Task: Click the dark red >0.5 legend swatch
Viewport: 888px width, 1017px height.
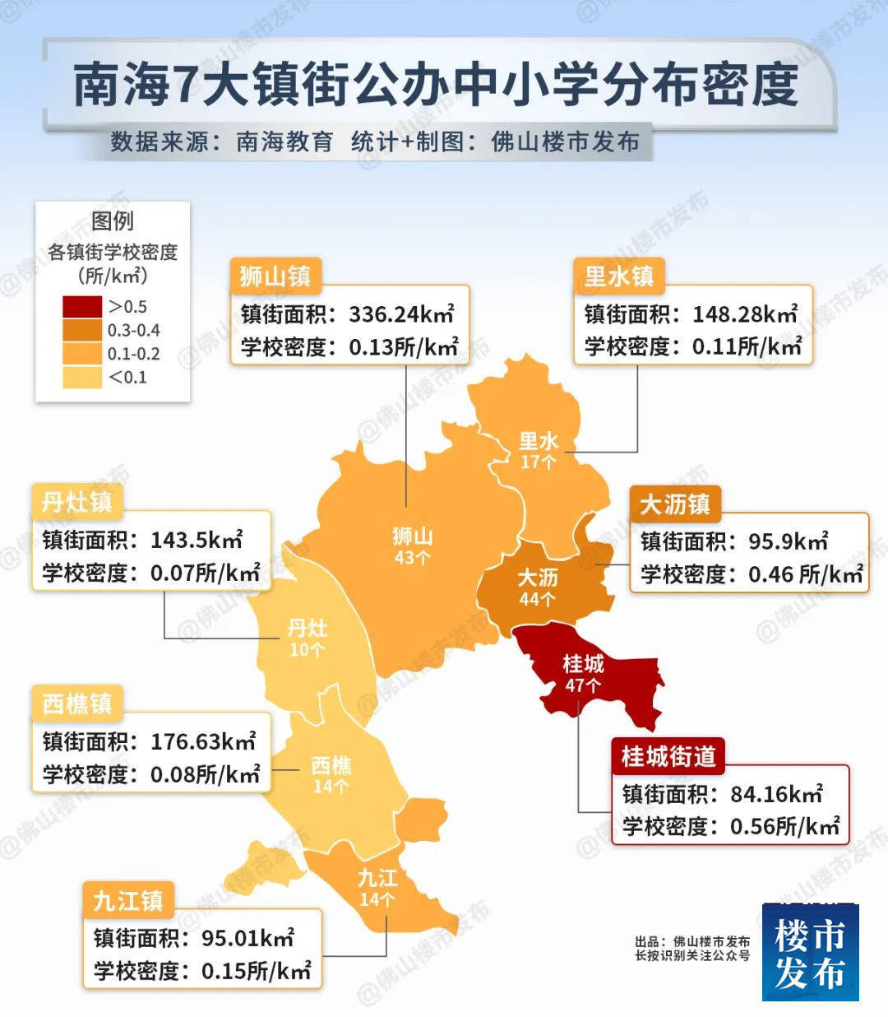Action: point(82,307)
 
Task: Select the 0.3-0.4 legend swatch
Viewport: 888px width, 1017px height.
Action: point(82,331)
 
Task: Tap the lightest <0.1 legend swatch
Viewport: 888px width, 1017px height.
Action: point(82,378)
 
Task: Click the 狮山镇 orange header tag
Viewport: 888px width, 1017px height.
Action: point(275,276)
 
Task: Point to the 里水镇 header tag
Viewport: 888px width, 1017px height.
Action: point(619,276)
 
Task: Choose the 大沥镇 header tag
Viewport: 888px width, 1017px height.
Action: point(675,504)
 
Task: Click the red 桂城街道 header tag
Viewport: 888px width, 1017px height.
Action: point(668,756)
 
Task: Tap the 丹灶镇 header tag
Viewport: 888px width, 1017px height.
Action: point(77,502)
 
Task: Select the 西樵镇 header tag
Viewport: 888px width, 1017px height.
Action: point(77,704)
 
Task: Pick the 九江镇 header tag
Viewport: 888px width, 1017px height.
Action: point(128,901)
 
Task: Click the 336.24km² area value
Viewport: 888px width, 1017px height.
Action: point(401,314)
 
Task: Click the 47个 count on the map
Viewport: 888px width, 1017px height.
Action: point(583,685)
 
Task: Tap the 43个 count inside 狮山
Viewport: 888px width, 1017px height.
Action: point(412,558)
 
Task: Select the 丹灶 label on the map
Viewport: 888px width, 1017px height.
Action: point(308,629)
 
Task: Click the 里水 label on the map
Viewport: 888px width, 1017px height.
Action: point(539,441)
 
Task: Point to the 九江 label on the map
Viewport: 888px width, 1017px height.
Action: point(377,878)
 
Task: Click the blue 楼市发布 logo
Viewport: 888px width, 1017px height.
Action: point(810,953)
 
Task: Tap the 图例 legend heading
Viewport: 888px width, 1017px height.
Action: point(113,221)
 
